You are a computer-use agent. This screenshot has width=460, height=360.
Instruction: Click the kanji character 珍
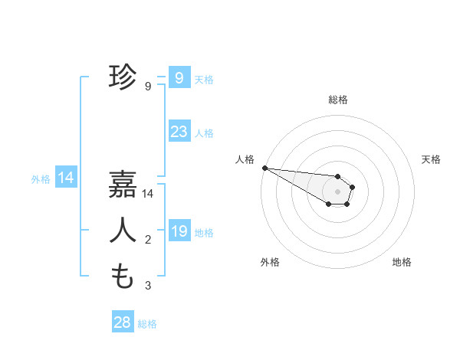point(123,77)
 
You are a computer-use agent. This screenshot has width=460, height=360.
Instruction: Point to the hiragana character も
point(123,276)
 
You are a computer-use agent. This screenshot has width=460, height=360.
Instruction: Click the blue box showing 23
point(179,132)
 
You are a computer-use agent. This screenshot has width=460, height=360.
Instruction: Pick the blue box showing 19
point(179,231)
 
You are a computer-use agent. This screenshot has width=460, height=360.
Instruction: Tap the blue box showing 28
point(123,322)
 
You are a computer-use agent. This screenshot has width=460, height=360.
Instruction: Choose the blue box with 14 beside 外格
point(66,178)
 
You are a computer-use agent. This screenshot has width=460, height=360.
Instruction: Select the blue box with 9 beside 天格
point(179,77)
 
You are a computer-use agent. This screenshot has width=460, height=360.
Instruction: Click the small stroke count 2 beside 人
point(148,241)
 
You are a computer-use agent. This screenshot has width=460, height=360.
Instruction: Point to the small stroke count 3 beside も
point(148,286)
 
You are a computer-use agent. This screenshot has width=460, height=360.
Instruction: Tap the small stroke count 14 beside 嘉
point(148,195)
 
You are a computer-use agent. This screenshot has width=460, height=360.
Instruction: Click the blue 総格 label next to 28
point(147,324)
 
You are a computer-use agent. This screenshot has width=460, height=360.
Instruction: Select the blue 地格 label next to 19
point(205,233)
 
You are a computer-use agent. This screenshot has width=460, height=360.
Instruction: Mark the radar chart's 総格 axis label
point(338,100)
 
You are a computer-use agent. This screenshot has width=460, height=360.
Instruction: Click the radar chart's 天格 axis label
point(432,159)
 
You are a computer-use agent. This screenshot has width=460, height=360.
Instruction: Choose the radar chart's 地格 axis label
point(402,262)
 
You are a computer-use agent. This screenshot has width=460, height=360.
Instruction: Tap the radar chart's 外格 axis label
point(270,262)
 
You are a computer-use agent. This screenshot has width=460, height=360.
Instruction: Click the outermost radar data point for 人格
point(264,168)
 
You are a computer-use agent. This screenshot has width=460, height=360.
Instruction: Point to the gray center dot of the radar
point(338,191)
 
